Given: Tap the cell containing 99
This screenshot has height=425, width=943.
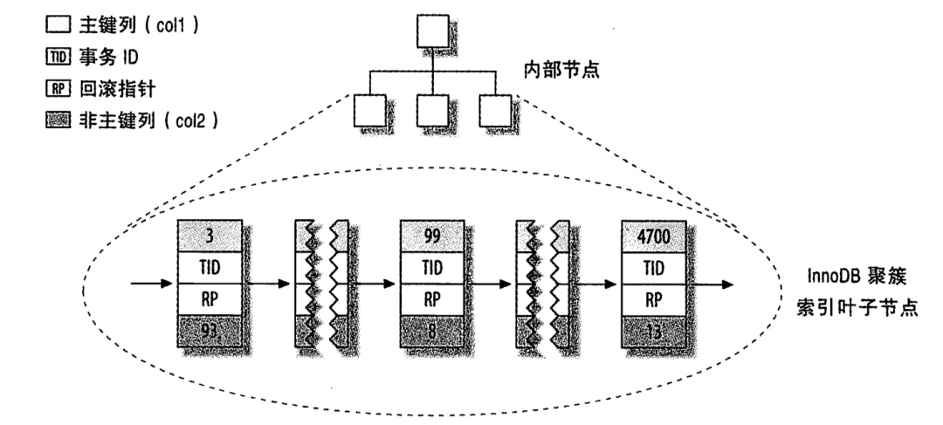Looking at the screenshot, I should click(x=431, y=235).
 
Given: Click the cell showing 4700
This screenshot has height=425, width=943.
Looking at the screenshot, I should click(x=652, y=235).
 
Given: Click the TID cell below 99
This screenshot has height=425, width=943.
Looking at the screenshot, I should click(x=431, y=267).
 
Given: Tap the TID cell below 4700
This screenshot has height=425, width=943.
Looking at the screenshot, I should click(x=652, y=267).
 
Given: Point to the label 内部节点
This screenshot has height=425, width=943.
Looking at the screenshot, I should click(x=560, y=71).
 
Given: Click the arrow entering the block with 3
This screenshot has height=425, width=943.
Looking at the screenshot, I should click(x=151, y=284).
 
